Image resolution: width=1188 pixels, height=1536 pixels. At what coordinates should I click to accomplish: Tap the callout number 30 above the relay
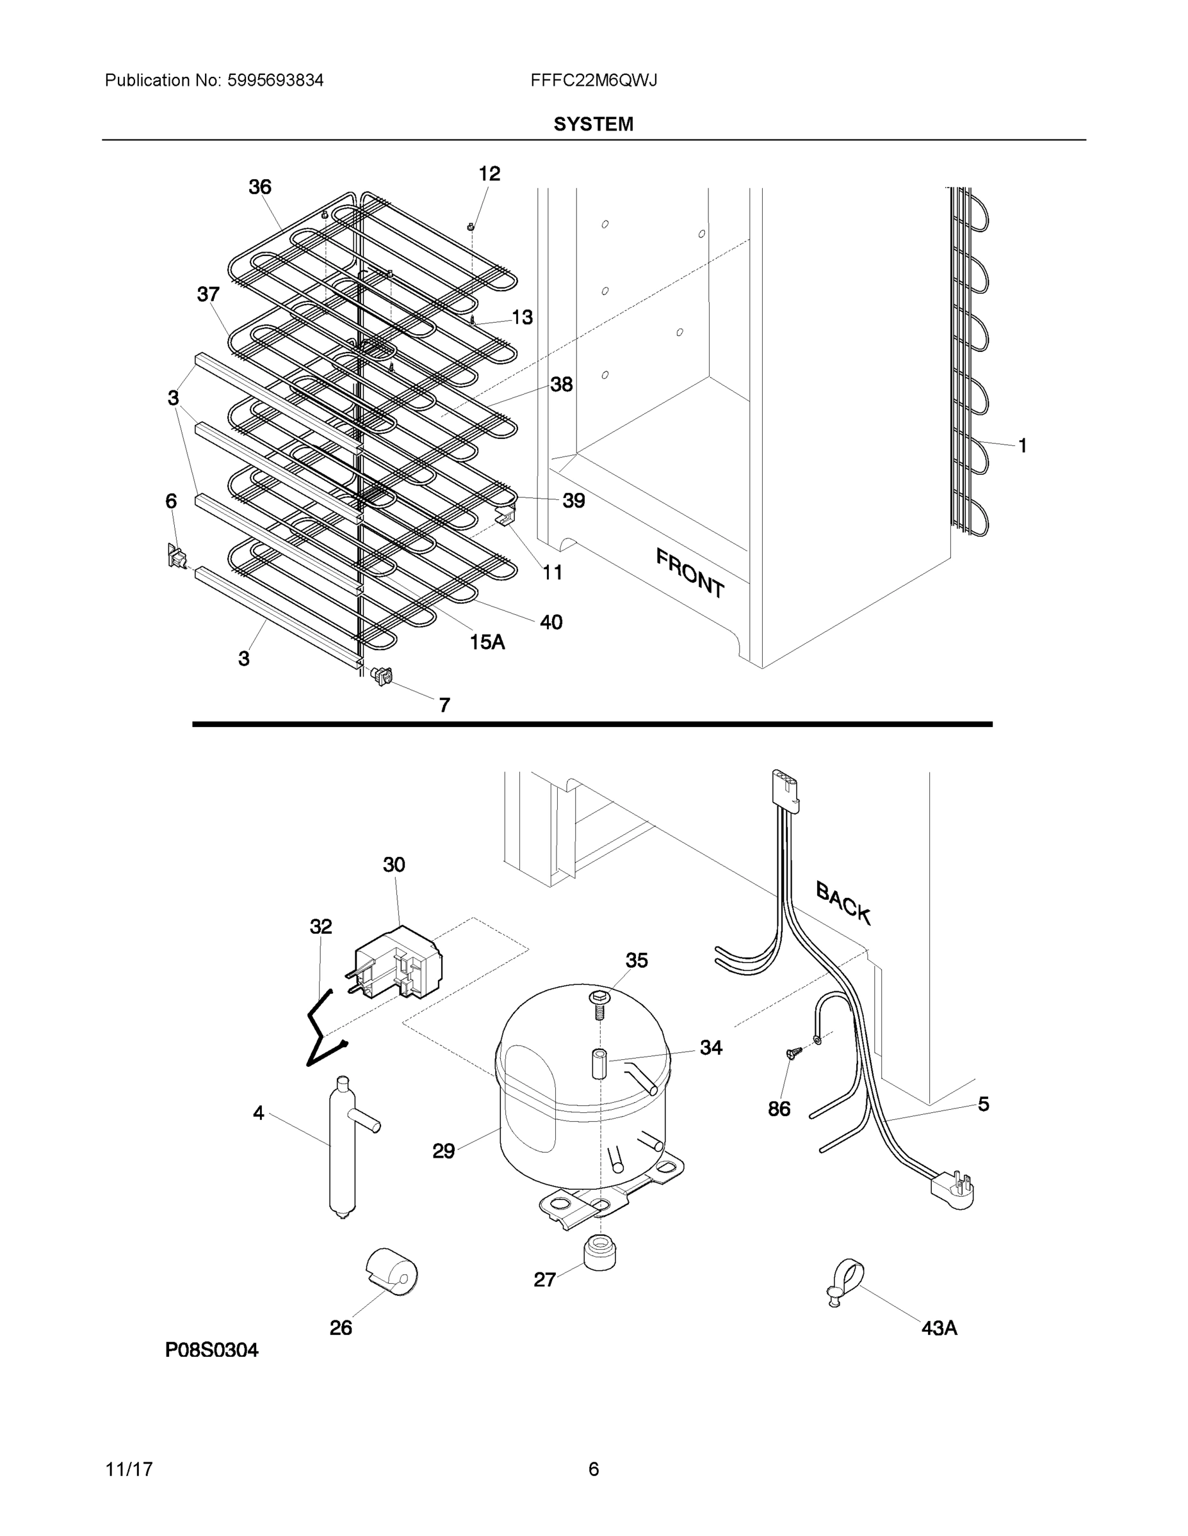pos(394,865)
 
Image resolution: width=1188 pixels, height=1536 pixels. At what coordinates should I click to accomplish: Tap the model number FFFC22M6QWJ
pos(593,80)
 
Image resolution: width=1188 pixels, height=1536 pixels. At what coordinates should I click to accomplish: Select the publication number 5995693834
pos(275,80)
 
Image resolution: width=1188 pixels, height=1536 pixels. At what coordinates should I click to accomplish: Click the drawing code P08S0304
pos(212,1350)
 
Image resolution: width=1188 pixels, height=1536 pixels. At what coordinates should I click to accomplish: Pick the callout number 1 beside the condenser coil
pos(1022,445)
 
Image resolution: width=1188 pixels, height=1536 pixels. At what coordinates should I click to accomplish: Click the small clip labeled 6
pos(176,556)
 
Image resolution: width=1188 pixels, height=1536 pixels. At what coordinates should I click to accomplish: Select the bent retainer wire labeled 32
pos(322,1028)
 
